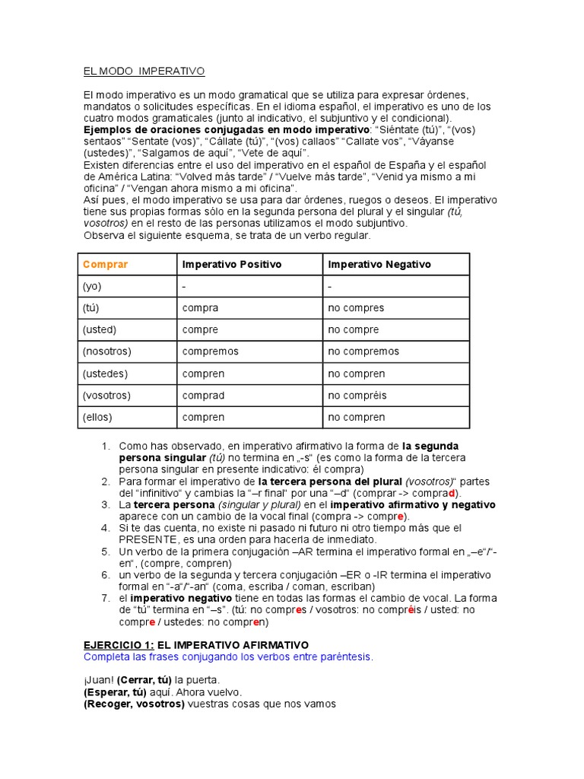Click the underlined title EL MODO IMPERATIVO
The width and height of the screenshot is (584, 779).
144,72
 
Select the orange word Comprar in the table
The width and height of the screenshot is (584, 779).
105,264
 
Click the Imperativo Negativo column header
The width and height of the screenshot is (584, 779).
379,264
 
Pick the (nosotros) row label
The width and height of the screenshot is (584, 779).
106,351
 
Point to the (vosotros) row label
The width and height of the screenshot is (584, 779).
106,396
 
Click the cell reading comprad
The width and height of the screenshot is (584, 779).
203,396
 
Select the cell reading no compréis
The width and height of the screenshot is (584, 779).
357,396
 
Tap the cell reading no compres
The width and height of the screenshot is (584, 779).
356,308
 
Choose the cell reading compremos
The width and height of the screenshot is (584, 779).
210,351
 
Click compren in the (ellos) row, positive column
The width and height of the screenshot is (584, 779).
203,417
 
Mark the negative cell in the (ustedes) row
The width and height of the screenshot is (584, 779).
356,374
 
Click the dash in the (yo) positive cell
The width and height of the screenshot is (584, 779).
185,286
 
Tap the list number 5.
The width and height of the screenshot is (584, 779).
105,552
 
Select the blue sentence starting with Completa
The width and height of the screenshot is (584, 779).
228,657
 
